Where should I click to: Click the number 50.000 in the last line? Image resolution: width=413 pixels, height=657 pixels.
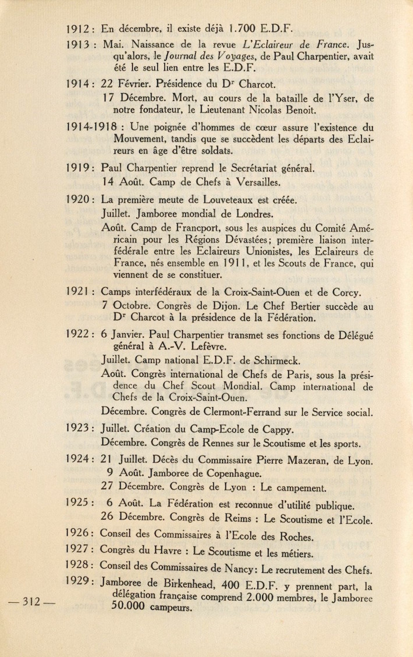pos(128,607)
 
